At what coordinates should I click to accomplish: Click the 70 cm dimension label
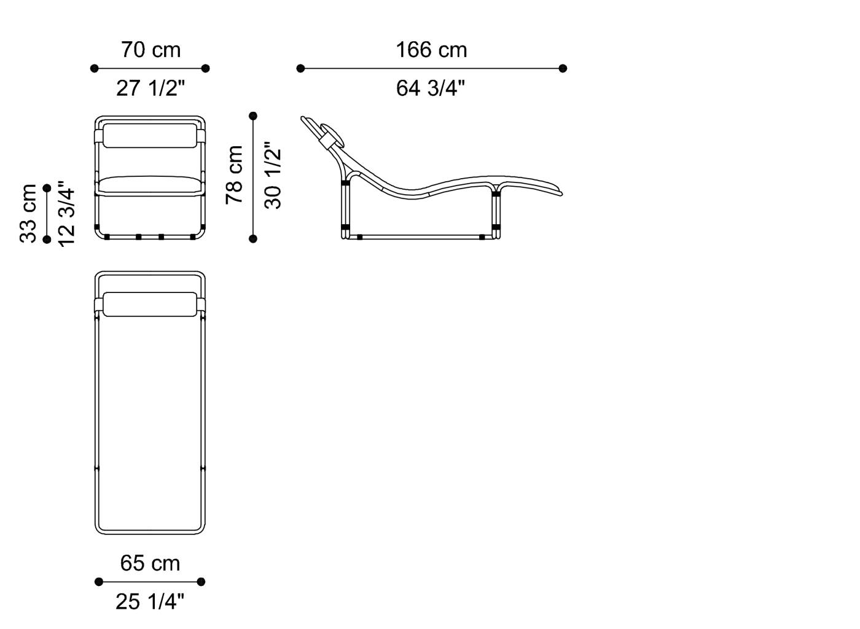tap(151, 50)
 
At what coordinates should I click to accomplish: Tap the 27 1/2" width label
tap(150, 88)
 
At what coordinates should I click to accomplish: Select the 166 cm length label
tap(431, 50)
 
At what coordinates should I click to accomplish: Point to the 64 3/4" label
tap(431, 88)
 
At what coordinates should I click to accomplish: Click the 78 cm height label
tap(234, 174)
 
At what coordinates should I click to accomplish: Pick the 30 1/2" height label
tap(273, 175)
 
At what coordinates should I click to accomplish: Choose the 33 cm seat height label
tap(28, 214)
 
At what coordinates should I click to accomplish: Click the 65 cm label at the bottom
tap(150, 563)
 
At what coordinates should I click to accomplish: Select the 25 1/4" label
tap(150, 601)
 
